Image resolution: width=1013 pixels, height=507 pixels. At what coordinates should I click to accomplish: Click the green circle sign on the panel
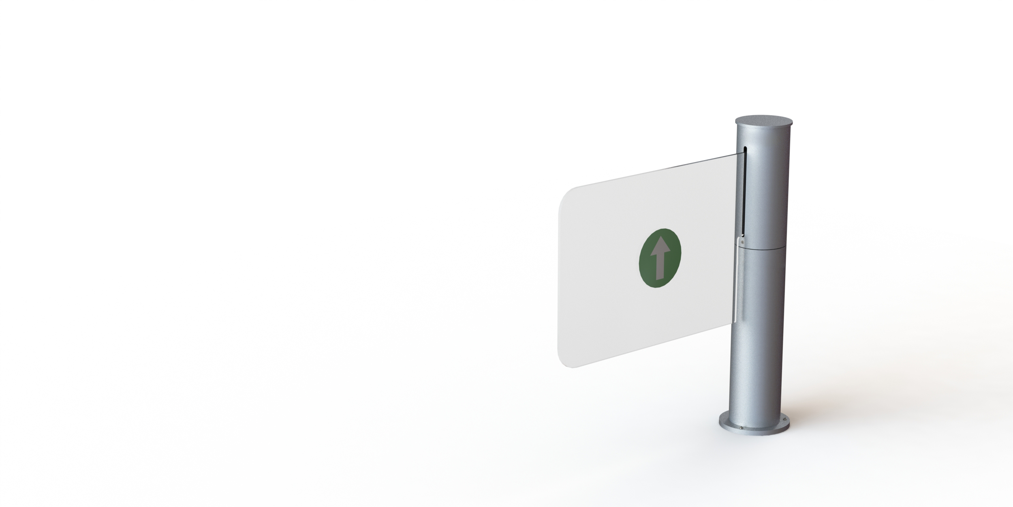(660, 262)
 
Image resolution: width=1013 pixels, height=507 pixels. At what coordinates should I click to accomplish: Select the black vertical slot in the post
(744, 195)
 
